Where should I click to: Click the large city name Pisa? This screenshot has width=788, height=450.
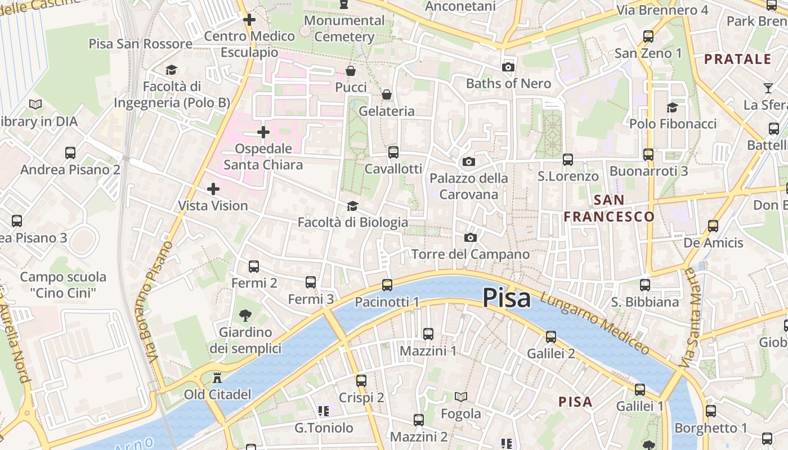pyautogui.click(x=507, y=298)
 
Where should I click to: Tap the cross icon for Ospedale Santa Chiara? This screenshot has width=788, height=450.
pyautogui.click(x=263, y=133)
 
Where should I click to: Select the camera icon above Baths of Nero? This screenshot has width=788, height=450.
pyautogui.click(x=508, y=67)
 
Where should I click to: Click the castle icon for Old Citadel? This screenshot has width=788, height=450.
pyautogui.click(x=217, y=377)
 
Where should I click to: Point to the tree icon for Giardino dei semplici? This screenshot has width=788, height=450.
pyautogui.click(x=245, y=315)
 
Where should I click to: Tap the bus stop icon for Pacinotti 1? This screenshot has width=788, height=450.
pyautogui.click(x=387, y=285)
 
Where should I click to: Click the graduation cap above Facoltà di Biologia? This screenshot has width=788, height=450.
pyautogui.click(x=352, y=206)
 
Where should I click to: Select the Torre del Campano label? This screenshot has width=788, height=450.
pyautogui.click(x=471, y=254)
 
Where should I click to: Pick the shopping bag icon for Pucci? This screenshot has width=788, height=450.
pyautogui.click(x=351, y=71)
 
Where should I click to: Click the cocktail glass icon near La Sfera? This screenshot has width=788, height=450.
pyautogui.click(x=768, y=88)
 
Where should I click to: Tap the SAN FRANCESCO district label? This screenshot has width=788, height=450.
pyautogui.click(x=609, y=208)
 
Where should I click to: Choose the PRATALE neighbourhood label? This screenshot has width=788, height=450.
pyautogui.click(x=737, y=59)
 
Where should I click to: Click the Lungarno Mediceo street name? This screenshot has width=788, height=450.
pyautogui.click(x=594, y=323)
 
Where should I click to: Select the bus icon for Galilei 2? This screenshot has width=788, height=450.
pyautogui.click(x=550, y=337)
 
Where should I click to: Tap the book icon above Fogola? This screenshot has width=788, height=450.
pyautogui.click(x=461, y=397)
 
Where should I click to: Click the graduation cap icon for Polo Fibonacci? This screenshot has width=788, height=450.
pyautogui.click(x=672, y=107)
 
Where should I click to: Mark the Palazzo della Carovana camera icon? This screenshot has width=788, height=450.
pyautogui.click(x=468, y=162)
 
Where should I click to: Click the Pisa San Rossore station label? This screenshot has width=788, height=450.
pyautogui.click(x=141, y=44)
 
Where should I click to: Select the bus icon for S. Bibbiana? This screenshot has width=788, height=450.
pyautogui.click(x=645, y=285)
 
